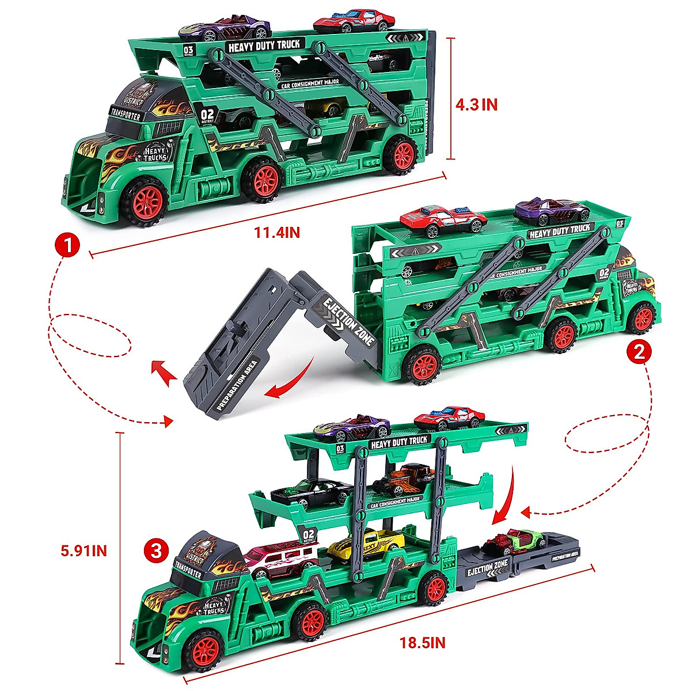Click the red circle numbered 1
tap(67, 246)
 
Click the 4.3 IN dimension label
tap(476, 104)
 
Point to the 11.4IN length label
tap(277, 233)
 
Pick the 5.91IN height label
tap(83, 550)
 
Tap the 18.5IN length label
tap(423, 643)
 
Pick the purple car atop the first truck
tap(225, 28)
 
